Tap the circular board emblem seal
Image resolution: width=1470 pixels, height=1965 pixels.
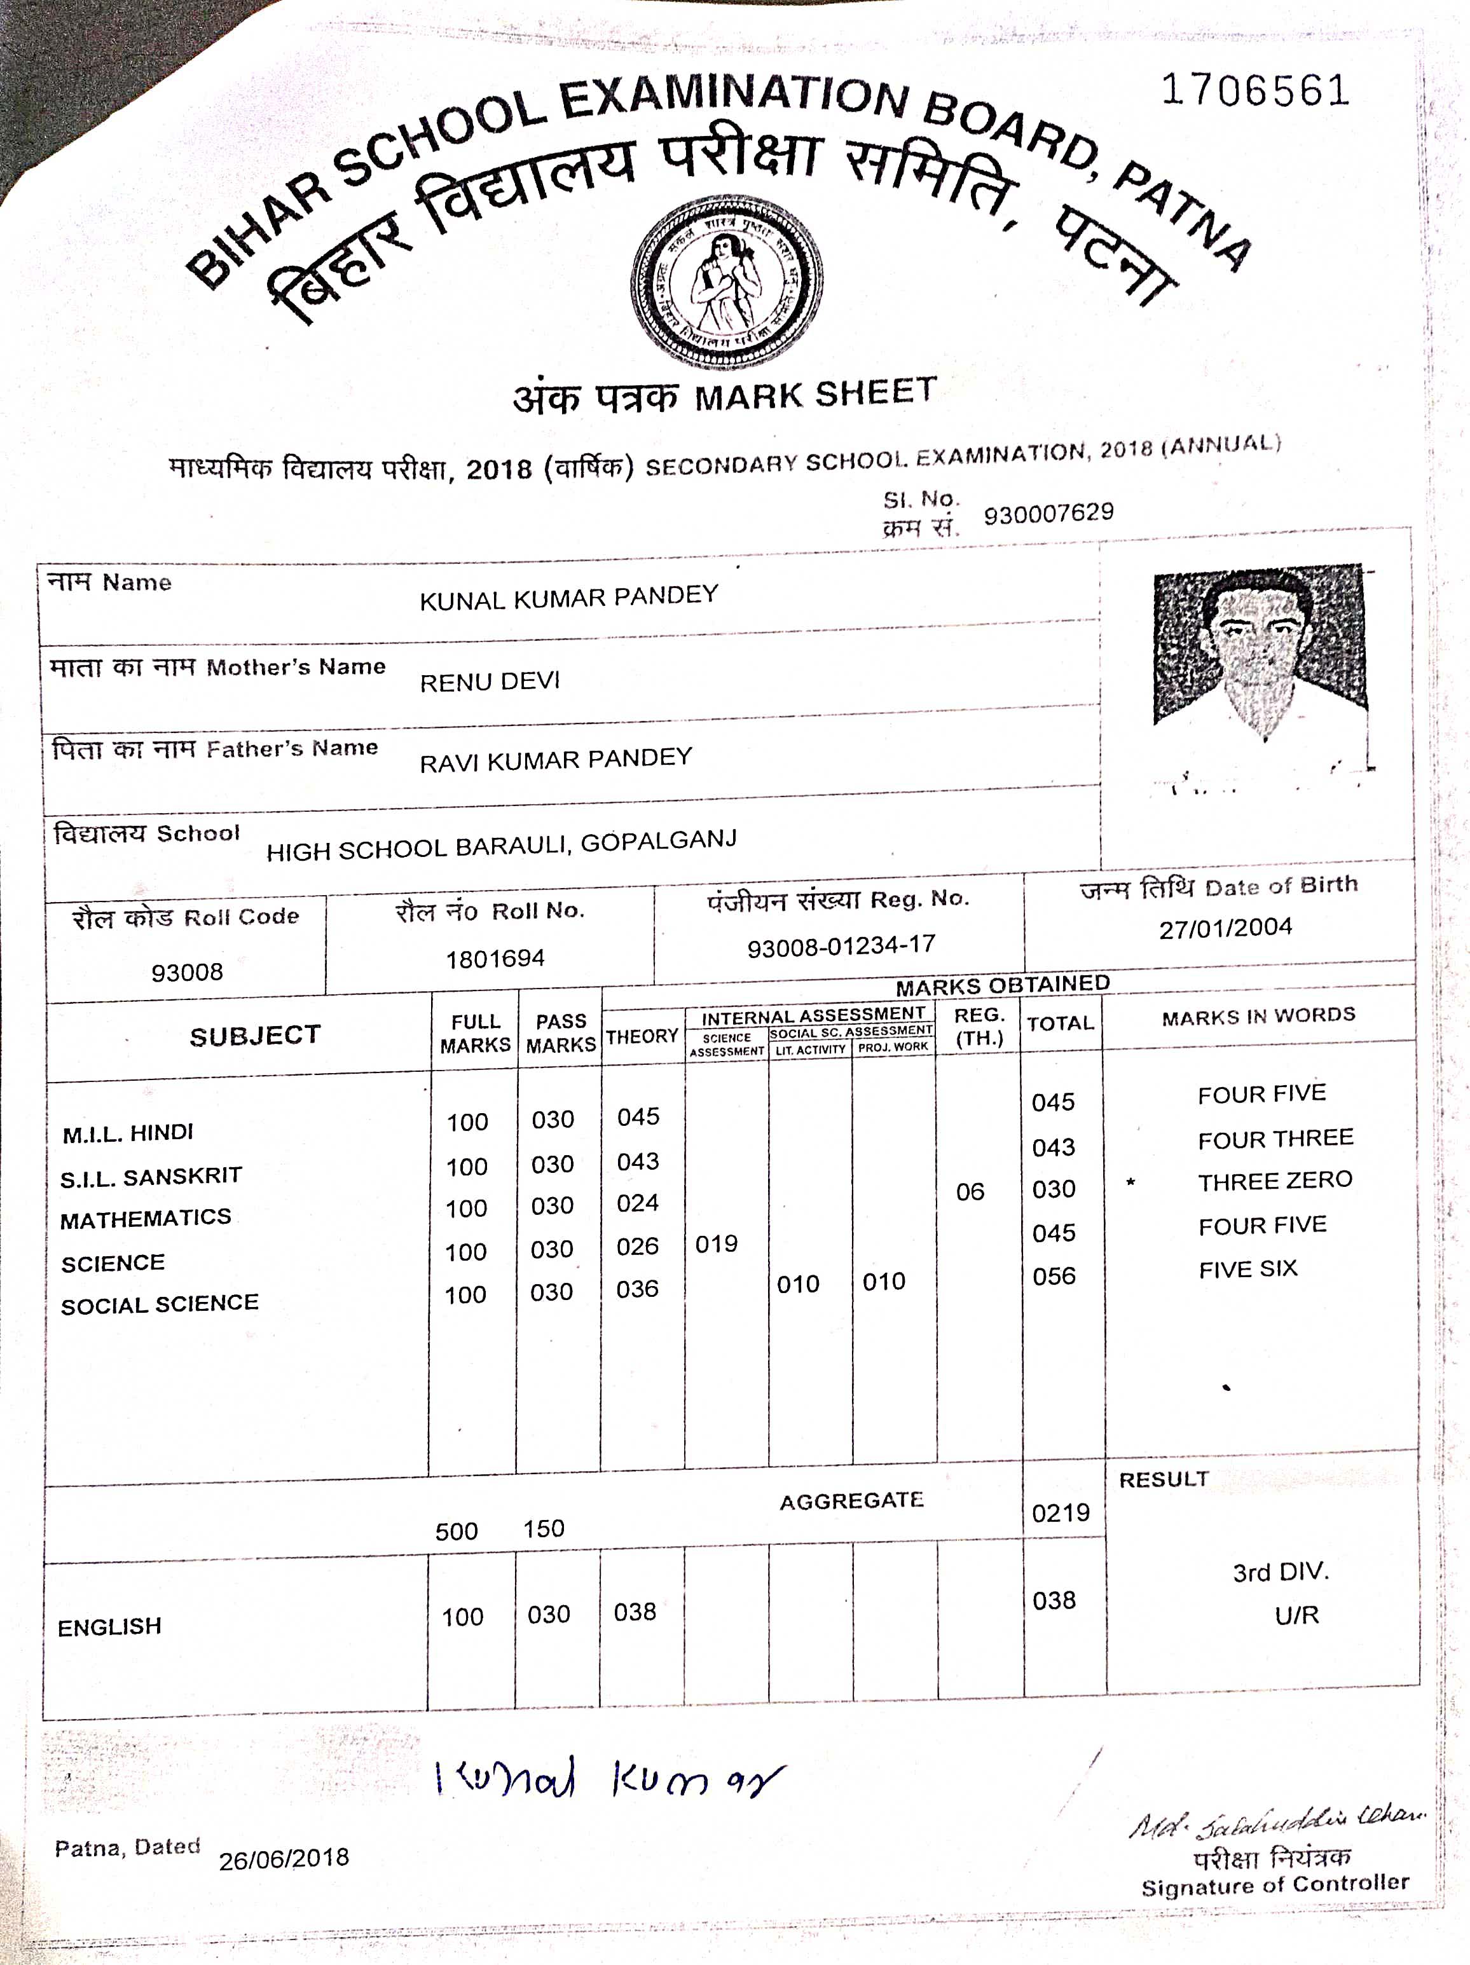(x=727, y=282)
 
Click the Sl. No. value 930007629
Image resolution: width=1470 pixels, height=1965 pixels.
(x=1048, y=512)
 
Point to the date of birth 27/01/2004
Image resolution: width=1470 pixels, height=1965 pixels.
(x=1225, y=928)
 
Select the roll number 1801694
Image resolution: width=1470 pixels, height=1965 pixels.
(x=495, y=959)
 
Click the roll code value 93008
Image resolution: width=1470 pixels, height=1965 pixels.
(x=186, y=972)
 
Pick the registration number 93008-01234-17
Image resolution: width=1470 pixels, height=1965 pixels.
(x=841, y=946)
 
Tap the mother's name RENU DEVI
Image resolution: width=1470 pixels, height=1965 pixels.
(x=490, y=681)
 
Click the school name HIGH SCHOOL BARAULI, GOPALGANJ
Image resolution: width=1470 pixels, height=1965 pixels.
(x=501, y=845)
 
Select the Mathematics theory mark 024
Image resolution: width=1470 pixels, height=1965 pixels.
(x=638, y=1203)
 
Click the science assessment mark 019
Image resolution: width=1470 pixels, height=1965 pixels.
(x=716, y=1243)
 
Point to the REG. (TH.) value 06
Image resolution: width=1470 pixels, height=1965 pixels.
(x=970, y=1191)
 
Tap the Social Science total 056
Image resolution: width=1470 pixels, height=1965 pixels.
(x=1054, y=1277)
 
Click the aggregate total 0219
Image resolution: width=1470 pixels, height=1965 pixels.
(x=1061, y=1513)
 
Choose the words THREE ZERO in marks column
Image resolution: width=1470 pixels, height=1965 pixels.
(x=1275, y=1181)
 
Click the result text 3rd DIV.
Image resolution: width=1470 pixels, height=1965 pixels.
(x=1280, y=1572)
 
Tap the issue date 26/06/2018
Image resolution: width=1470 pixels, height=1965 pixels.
(x=284, y=1858)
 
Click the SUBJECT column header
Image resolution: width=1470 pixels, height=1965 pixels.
(x=255, y=1035)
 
